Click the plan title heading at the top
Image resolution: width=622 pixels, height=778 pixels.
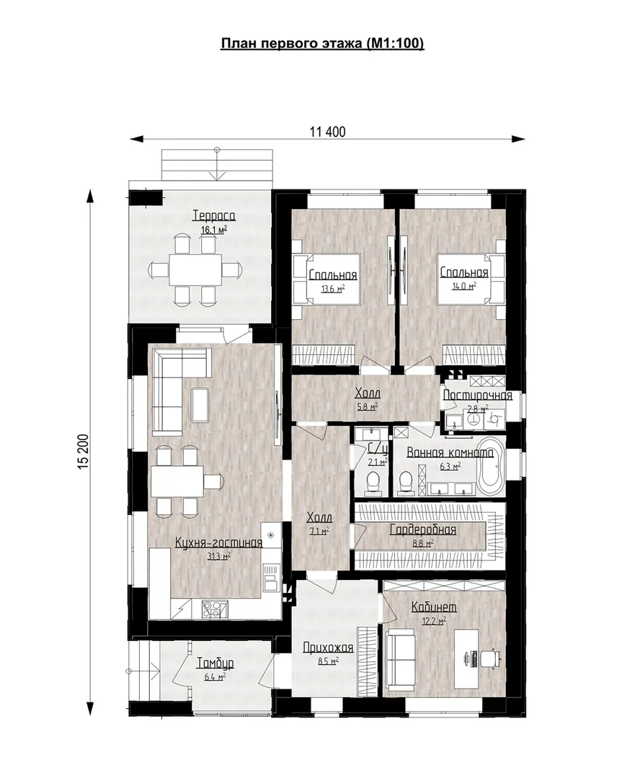322,44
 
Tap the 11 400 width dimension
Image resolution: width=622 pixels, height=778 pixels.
327,132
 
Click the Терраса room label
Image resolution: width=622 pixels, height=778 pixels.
214,216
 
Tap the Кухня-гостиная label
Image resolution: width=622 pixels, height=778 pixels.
219,543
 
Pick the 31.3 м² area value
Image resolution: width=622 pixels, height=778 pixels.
219,556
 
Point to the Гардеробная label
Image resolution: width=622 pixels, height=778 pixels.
422,530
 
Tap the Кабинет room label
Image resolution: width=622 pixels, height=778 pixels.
435,607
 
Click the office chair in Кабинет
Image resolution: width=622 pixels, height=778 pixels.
491,659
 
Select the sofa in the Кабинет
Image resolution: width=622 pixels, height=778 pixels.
400,659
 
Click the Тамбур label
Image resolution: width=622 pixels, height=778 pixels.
215,663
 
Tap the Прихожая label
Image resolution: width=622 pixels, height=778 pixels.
328,648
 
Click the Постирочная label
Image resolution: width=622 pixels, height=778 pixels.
478,395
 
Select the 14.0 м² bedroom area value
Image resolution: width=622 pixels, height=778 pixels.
464,286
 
